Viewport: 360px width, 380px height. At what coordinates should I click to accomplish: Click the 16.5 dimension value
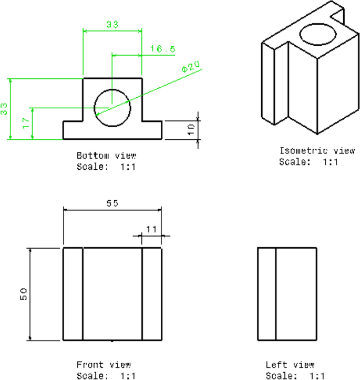tap(162, 48)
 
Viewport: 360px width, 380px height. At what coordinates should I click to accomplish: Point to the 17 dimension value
tap(25, 124)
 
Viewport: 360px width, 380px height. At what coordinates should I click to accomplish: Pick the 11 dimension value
tap(151, 229)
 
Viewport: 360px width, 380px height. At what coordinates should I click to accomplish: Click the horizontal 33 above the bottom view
tap(112, 24)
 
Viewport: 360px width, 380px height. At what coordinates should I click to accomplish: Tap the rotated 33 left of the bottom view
tap(4, 109)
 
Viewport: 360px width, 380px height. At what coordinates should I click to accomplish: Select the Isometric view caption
tap(317, 151)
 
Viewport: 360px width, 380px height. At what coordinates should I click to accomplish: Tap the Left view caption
tap(290, 364)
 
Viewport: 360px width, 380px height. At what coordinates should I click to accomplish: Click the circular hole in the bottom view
tap(112, 108)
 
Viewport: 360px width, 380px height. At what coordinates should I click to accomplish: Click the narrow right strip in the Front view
tap(152, 294)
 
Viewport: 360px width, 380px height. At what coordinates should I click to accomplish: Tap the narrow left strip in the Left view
tap(266, 294)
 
